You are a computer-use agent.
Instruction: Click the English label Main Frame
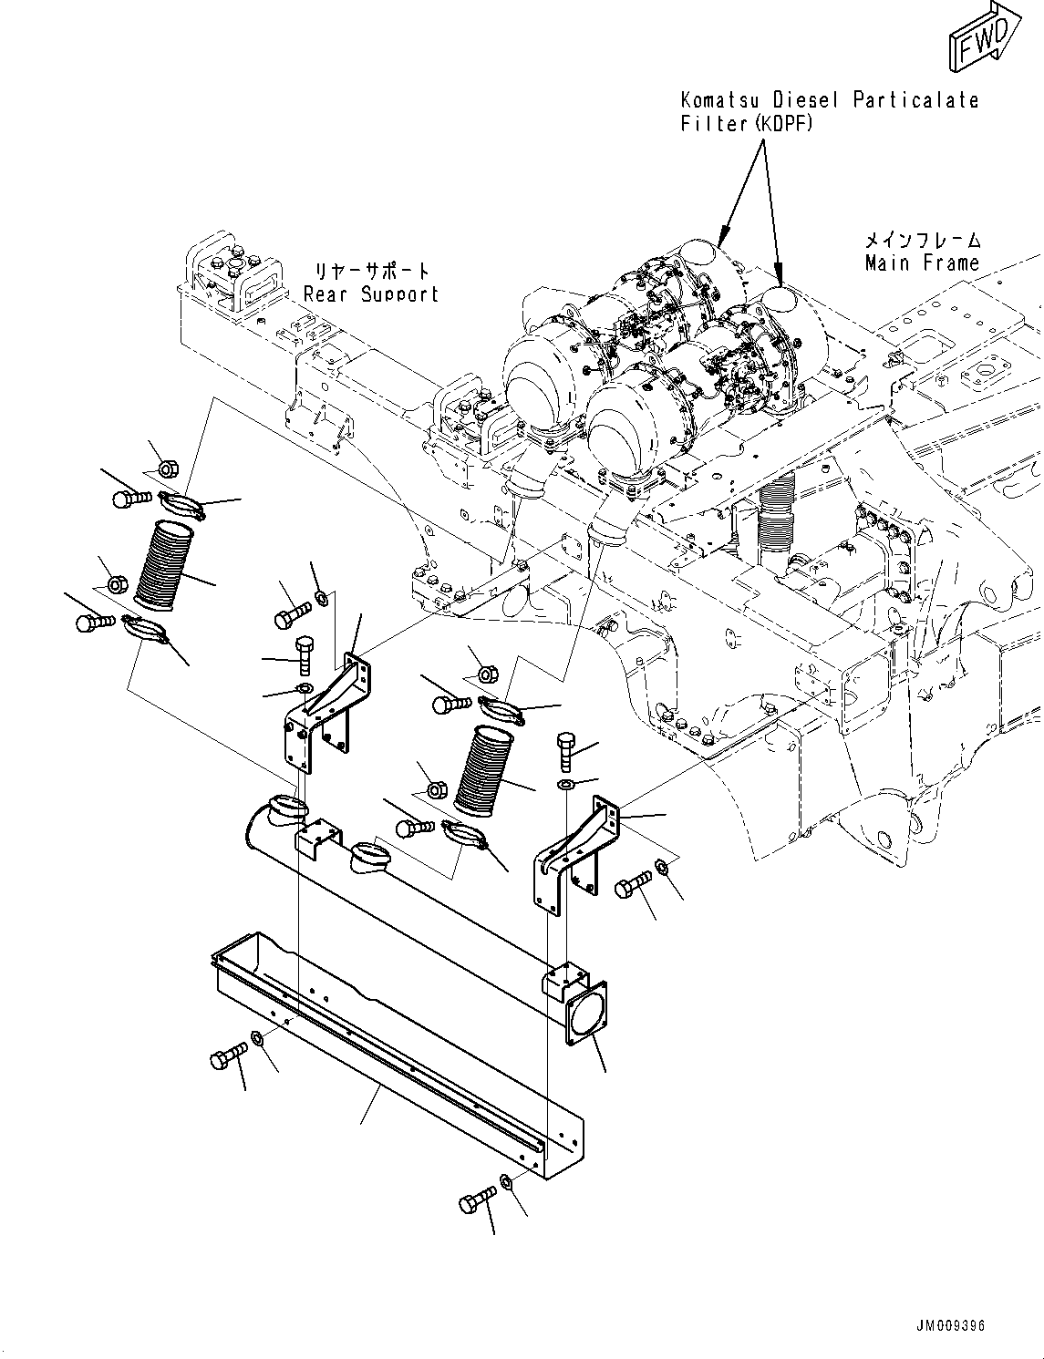tap(922, 263)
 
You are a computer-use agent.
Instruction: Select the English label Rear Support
tap(370, 293)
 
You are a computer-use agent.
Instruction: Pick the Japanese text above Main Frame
tap(923, 241)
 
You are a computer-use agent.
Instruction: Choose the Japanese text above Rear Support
tap(371, 272)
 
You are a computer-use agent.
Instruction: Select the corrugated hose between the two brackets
tap(483, 770)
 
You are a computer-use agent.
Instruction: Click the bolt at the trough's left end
tap(228, 1058)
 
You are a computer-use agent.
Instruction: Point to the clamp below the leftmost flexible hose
tap(145, 628)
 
